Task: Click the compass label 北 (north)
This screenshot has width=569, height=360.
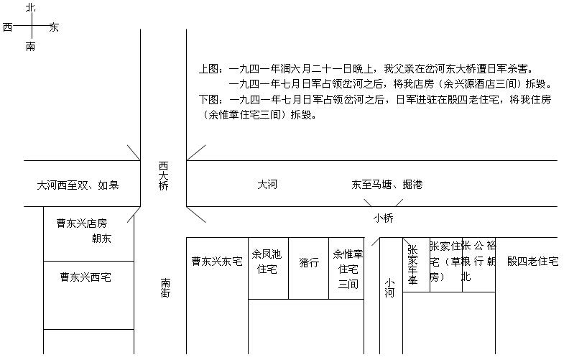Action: click(29, 7)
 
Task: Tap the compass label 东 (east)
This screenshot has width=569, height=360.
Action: click(55, 27)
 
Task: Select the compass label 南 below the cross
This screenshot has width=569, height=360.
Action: click(30, 47)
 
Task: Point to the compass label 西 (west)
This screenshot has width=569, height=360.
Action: click(7, 27)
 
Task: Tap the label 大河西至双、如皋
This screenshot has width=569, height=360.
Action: click(78, 185)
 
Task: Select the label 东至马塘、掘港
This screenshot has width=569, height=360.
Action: click(387, 185)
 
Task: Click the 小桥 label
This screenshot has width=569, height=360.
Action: click(383, 218)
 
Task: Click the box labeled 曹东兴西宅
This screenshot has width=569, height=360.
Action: click(85, 277)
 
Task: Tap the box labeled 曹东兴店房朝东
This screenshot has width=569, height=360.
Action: click(85, 231)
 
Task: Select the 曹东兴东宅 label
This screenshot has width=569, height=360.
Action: click(216, 262)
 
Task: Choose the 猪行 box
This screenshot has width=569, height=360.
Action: click(309, 263)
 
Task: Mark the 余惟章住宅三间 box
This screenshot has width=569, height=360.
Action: click(348, 268)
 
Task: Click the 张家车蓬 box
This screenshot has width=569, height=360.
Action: click(412, 265)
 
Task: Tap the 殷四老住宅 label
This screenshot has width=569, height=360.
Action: click(532, 262)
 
